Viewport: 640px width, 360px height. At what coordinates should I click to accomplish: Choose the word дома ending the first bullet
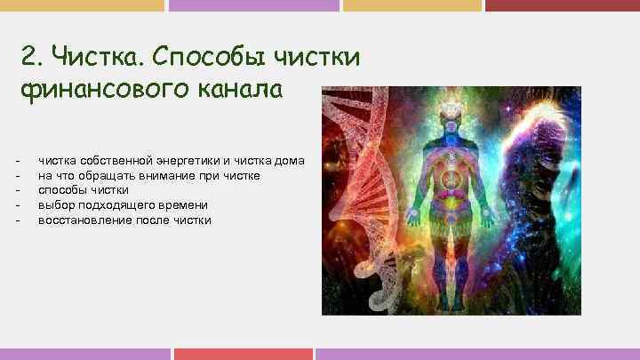click(x=289, y=160)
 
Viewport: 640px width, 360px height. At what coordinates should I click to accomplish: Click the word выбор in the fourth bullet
click(x=56, y=204)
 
